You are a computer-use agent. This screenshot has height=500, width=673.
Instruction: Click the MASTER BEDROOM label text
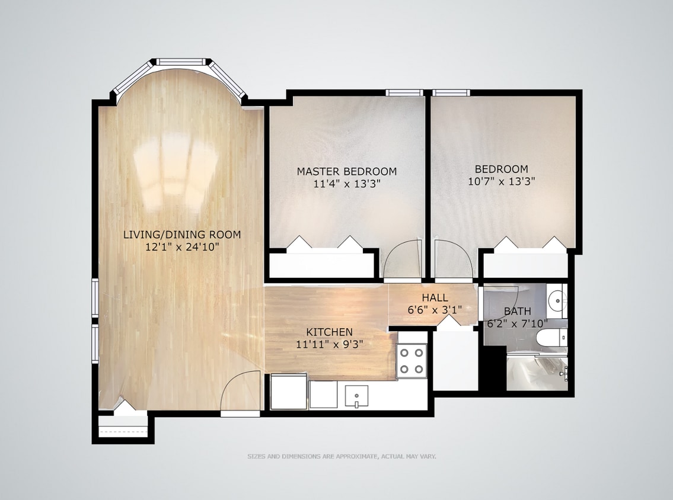pos(347,172)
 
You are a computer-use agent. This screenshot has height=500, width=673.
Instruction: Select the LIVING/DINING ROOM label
pos(182,235)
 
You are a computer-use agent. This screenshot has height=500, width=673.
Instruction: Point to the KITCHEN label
pos(329,332)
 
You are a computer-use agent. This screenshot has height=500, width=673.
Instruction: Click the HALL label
pos(435,298)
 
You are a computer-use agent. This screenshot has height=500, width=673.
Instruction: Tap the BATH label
pos(517,311)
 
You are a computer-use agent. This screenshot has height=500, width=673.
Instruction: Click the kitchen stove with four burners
pos(412,360)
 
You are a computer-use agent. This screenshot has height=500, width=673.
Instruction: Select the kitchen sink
pos(356,395)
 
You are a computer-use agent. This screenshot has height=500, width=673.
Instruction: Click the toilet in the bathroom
pos(549,339)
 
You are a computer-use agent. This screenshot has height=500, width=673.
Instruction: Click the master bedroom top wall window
pos(404,92)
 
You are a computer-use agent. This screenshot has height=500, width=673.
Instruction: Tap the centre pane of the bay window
pos(180,61)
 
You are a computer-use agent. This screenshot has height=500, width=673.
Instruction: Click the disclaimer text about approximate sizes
pos(342,457)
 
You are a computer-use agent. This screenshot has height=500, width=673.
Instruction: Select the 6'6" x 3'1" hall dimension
pos(435,309)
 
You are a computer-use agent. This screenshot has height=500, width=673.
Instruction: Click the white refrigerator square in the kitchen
pos(289,392)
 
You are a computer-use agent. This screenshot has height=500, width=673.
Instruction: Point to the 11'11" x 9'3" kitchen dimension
pos(329,344)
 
